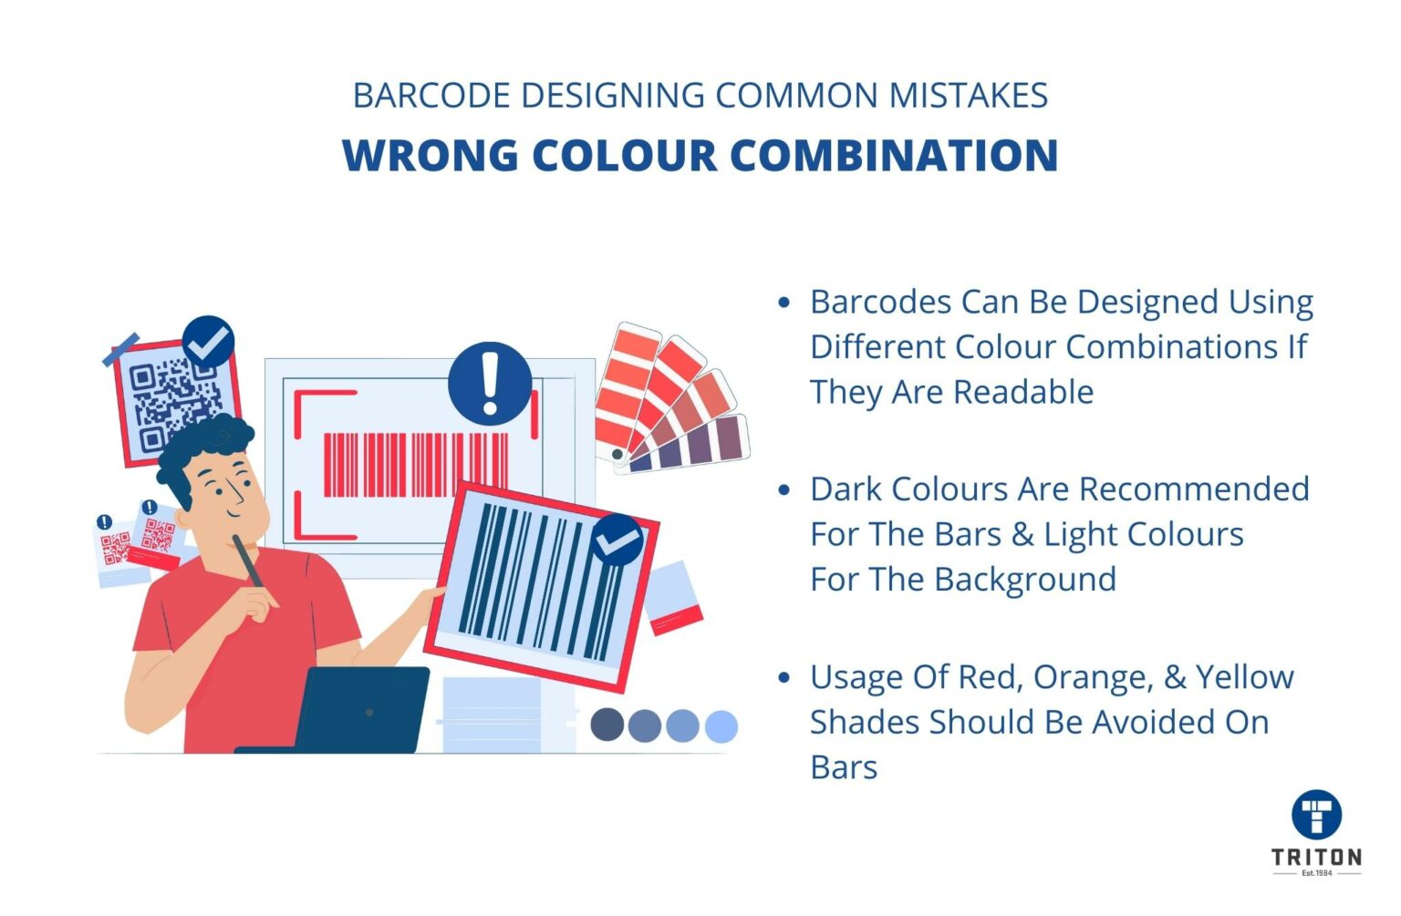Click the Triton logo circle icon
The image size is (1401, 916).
(1316, 814)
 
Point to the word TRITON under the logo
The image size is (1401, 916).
(1316, 857)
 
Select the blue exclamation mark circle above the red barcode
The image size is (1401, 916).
(490, 384)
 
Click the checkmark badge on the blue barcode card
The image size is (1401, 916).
(617, 540)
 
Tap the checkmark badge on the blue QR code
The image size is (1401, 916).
(208, 342)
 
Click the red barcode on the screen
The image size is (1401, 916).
(415, 465)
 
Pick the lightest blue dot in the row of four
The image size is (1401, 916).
(721, 726)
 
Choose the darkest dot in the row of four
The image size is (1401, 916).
(607, 726)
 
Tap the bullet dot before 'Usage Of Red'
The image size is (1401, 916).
(784, 677)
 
